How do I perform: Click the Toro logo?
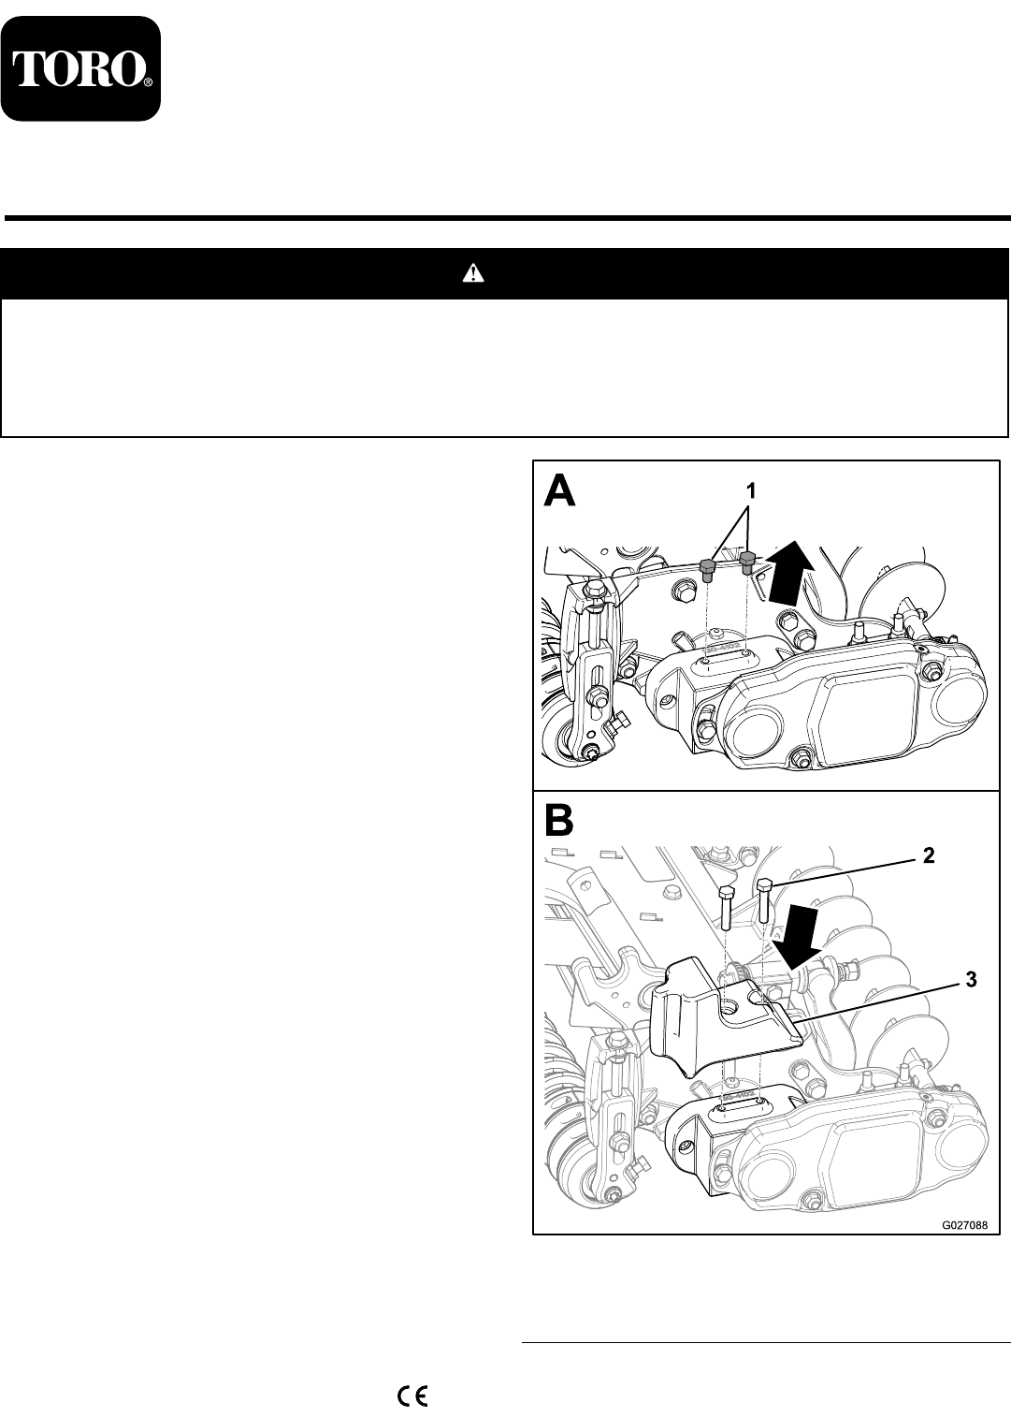[80, 68]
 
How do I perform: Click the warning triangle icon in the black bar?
[473, 273]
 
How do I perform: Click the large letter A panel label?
[559, 490]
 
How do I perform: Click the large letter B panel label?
[558, 821]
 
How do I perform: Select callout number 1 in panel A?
[749, 489]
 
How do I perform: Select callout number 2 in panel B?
[927, 854]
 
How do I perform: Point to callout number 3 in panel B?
[971, 980]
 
